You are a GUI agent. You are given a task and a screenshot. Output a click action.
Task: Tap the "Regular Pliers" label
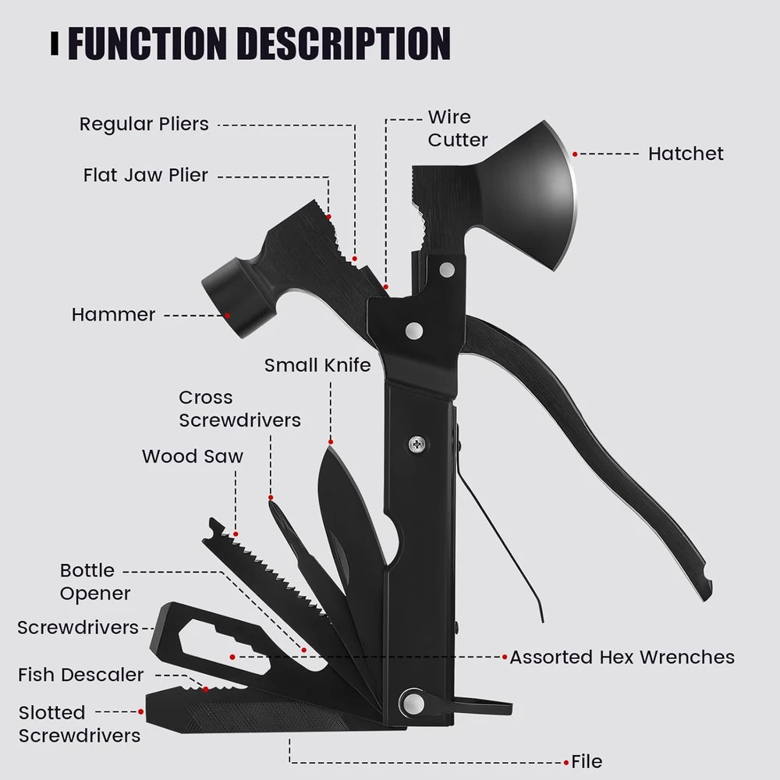(144, 124)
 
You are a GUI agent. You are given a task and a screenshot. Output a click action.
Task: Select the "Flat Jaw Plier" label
(146, 175)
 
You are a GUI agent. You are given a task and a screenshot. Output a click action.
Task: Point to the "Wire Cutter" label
(457, 129)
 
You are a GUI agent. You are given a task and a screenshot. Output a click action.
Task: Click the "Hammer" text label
(114, 315)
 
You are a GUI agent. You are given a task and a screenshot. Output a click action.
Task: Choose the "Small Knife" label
(317, 365)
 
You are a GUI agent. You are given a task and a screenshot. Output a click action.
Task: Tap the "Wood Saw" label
(193, 456)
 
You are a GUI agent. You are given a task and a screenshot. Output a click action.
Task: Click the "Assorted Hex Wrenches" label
(622, 658)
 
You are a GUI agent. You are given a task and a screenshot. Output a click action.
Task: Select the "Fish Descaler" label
(81, 675)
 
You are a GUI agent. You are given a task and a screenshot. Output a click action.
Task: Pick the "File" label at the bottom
(587, 761)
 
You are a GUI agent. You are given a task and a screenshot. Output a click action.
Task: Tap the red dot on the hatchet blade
(575, 154)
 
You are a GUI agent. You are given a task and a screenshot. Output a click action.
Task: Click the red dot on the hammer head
(229, 315)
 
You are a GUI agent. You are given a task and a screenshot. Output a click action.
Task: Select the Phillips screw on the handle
(417, 445)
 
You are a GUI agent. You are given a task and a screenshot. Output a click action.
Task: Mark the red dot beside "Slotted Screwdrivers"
(141, 711)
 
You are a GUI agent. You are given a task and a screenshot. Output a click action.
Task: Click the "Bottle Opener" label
(95, 582)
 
